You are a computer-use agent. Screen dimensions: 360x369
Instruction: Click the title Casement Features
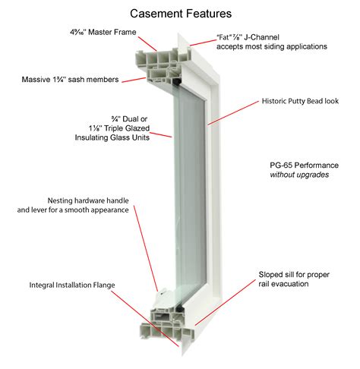[181, 14]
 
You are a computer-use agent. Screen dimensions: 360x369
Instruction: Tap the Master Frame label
[103, 32]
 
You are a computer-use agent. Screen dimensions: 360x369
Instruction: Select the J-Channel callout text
[272, 42]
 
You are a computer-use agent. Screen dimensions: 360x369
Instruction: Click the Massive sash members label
[70, 80]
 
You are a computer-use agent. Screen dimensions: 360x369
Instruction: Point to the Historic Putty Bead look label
[300, 101]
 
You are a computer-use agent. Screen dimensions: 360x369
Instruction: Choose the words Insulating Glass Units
[112, 137]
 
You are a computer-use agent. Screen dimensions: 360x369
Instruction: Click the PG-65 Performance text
[304, 166]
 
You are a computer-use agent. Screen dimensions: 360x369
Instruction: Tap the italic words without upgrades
[299, 175]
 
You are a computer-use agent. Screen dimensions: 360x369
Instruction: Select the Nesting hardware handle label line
[88, 200]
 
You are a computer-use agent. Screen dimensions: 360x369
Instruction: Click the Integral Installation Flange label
[72, 285]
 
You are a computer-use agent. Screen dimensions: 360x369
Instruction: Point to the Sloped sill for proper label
[294, 275]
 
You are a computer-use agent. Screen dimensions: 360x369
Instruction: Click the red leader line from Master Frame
[147, 44]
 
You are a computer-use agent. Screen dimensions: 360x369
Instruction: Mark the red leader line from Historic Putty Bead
[234, 113]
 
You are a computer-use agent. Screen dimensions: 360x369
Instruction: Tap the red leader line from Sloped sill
[226, 302]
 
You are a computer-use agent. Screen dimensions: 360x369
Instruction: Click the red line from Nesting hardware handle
[146, 248]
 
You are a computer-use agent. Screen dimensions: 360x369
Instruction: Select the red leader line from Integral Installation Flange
[145, 319]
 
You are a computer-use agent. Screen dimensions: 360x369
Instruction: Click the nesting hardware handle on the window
[163, 293]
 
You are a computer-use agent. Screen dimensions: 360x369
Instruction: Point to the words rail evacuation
[283, 284]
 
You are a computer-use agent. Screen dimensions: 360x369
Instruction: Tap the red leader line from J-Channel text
[203, 43]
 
